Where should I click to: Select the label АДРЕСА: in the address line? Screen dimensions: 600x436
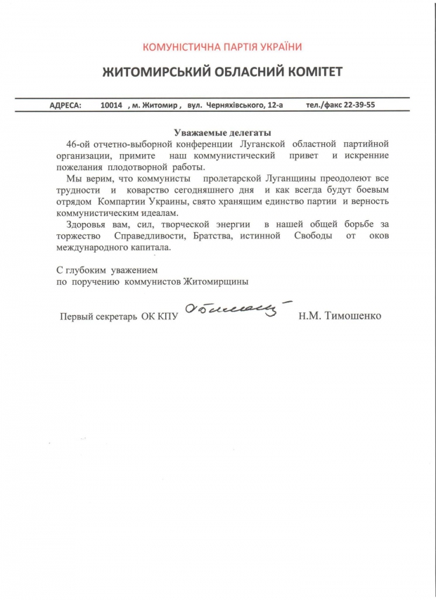tap(65, 106)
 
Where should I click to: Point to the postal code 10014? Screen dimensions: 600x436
tap(111, 106)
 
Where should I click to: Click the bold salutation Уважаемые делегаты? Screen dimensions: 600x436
tap(222, 132)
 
